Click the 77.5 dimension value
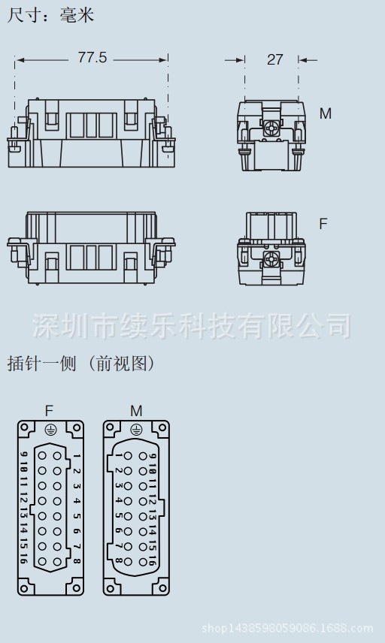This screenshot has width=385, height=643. (x=92, y=58)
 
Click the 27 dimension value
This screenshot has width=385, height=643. (x=274, y=59)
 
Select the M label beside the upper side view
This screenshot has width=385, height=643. (x=325, y=113)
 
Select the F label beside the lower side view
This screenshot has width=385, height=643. (x=323, y=224)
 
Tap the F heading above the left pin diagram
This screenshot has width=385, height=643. (x=49, y=410)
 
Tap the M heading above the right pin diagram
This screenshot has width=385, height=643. (x=136, y=410)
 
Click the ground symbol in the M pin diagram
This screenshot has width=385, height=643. (x=136, y=430)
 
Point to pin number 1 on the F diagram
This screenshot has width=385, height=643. (x=77, y=456)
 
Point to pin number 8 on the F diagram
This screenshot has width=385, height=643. (x=77, y=560)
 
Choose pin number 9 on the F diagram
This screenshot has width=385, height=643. (x=24, y=456)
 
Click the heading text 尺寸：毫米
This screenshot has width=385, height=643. (x=50, y=14)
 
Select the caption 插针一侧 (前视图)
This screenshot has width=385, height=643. (x=81, y=364)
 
